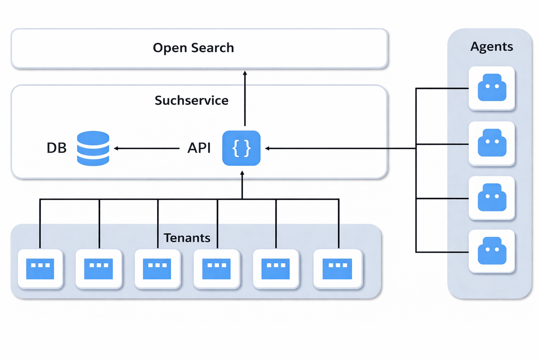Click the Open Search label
coord(193,48)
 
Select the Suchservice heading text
coord(191,101)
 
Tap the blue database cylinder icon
coord(93,148)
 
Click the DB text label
coord(56,148)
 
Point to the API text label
coord(199,148)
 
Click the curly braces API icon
coord(242,148)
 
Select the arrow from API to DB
coord(147,148)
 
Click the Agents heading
coord(491,47)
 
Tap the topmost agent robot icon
coord(491,88)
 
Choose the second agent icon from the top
coord(491,143)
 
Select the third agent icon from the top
coord(491,198)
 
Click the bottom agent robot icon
coord(491,250)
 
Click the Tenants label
coord(187,238)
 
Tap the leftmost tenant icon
coord(40,269)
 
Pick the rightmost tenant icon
coord(337,269)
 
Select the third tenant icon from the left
coord(158,269)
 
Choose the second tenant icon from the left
coord(99,269)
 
